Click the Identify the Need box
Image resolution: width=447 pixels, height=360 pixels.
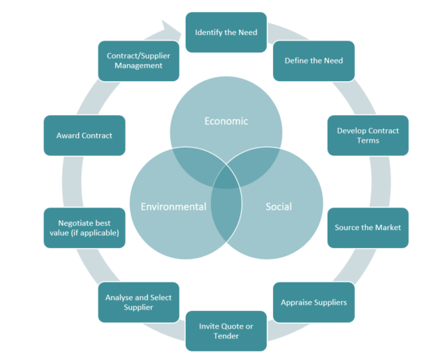click(226, 32)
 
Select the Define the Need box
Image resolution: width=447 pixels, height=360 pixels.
click(314, 61)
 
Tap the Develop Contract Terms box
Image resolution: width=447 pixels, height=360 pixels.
click(367, 135)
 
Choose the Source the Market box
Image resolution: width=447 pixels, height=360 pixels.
click(367, 227)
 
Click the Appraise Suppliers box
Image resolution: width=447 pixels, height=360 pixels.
click(314, 302)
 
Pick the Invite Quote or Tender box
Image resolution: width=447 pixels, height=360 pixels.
click(226, 331)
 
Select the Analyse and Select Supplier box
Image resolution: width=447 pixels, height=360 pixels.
click(138, 302)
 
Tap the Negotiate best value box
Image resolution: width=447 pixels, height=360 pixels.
click(85, 227)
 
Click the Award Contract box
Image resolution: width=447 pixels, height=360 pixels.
click(85, 135)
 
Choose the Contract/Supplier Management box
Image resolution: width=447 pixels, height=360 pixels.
click(138, 61)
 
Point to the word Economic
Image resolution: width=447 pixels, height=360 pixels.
click(226, 121)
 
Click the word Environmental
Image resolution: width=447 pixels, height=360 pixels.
click(173, 206)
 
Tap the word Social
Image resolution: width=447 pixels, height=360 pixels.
click(279, 206)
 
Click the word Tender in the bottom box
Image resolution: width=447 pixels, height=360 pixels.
click(226, 336)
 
